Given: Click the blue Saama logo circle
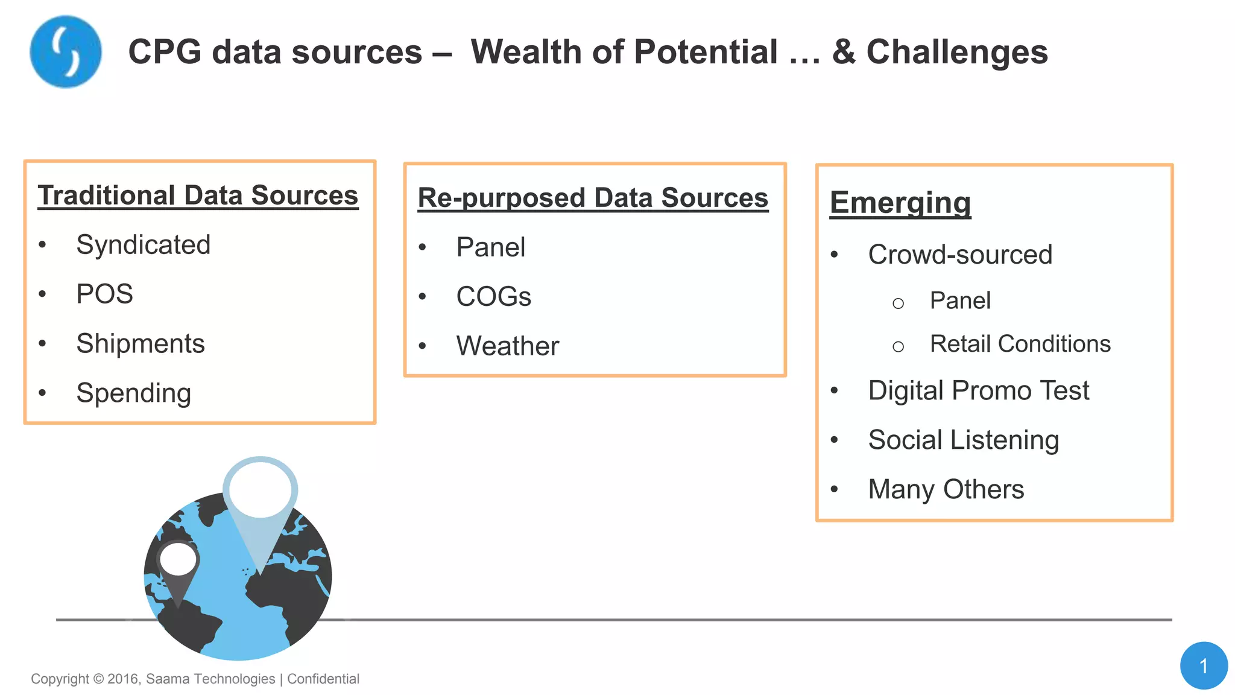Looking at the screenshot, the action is tap(66, 52).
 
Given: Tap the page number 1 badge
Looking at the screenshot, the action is tap(1203, 665).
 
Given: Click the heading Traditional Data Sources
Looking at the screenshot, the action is tap(198, 195).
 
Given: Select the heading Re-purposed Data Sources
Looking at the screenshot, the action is tap(593, 198).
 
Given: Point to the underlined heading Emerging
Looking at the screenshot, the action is tap(900, 203).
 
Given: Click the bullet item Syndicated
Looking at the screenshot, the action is tap(143, 245).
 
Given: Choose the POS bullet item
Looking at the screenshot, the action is tap(104, 294).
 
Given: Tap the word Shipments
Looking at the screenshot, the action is tap(141, 344).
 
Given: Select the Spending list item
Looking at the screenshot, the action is tap(134, 393).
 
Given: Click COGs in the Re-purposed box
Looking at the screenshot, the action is tap(493, 297).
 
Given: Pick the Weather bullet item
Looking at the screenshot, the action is tap(507, 346).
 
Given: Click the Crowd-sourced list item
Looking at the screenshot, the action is tap(960, 255).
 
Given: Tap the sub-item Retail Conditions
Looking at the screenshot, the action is tap(1020, 344).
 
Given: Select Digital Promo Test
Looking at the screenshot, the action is tap(978, 391).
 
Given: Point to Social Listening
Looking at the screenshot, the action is tap(963, 440).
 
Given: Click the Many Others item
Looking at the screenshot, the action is tap(946, 489).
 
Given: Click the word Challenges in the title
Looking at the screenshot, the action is tap(957, 52).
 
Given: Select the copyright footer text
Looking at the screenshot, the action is tap(195, 679).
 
